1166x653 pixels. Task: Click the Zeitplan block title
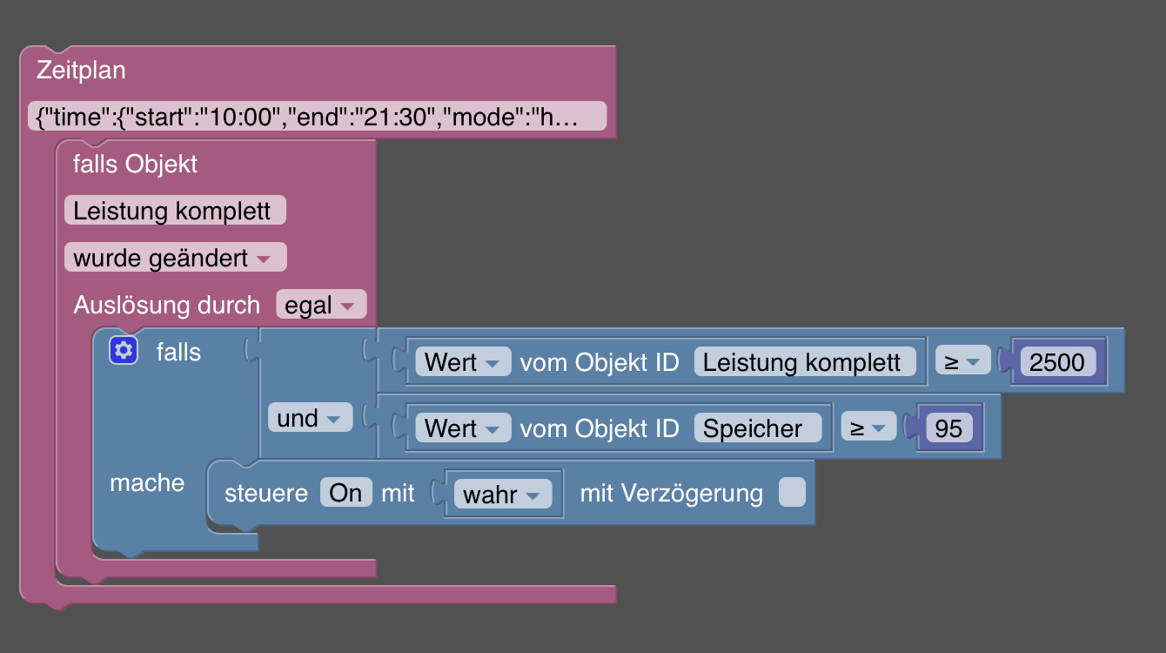point(81,71)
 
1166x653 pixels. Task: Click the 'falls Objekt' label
point(135,164)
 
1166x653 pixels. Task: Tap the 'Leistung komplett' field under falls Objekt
point(175,211)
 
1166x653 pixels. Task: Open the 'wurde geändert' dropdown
point(175,258)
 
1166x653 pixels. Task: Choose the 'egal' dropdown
point(320,305)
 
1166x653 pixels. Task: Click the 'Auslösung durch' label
point(166,305)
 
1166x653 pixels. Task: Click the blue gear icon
point(123,351)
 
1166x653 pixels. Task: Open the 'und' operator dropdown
point(309,418)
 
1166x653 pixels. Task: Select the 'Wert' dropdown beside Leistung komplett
point(462,361)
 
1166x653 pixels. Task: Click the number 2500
point(1057,361)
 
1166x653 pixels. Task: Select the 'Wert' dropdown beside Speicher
point(462,427)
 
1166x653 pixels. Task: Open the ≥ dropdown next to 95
point(868,427)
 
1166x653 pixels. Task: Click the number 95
point(948,427)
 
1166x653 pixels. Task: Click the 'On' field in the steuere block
point(345,493)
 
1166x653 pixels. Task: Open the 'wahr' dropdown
point(502,495)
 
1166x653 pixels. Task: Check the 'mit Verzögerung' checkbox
point(792,493)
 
